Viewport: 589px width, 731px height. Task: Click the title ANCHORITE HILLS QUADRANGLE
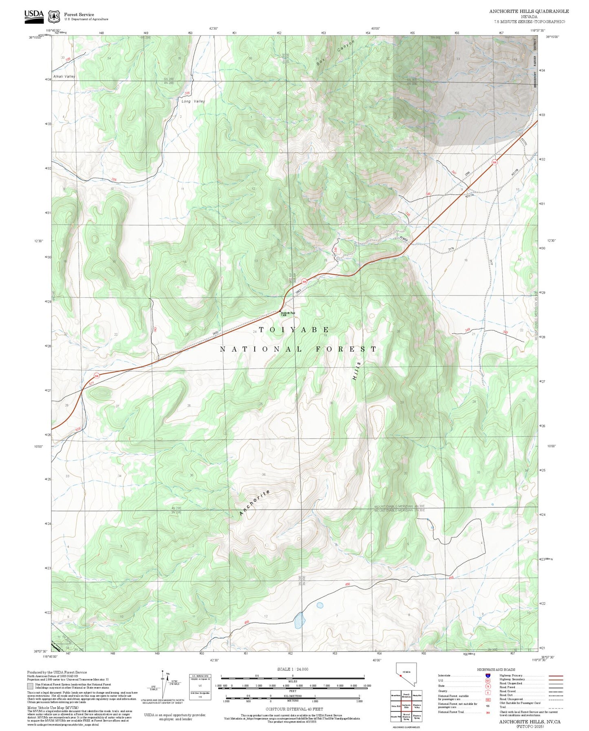coord(529,11)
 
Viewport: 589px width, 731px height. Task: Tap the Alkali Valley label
coord(64,77)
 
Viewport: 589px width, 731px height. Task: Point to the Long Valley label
coord(193,101)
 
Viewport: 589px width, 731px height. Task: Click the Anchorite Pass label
coord(287,314)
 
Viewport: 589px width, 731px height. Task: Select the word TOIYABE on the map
coord(294,329)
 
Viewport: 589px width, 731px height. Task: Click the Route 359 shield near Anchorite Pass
coord(304,281)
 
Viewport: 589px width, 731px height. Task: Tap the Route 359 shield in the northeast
coord(494,162)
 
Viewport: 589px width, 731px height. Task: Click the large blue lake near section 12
coord(300,620)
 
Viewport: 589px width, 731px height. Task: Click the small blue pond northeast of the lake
coord(320,605)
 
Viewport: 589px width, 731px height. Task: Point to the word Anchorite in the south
coord(254,503)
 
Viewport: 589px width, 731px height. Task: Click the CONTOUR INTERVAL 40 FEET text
coord(294,709)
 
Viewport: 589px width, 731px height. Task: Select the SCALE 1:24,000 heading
coord(292,669)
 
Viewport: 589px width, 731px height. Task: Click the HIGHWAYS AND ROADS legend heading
coord(496,669)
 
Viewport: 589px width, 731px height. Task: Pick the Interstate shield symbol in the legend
coord(488,676)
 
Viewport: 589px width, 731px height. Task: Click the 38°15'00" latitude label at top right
coord(552,37)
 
